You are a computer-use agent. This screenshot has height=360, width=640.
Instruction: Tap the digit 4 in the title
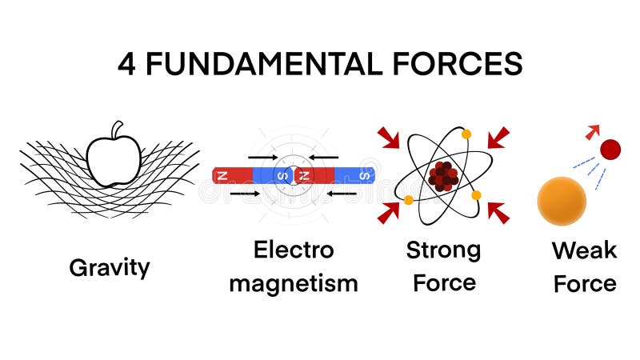pos(126,64)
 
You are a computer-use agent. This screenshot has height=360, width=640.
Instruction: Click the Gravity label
pos(110,267)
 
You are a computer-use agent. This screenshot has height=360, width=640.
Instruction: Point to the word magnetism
pos(294,283)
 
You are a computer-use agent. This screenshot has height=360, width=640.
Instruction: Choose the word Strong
pos(443,250)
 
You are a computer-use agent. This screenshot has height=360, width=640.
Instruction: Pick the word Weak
pos(584,250)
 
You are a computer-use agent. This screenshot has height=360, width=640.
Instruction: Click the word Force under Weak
pos(585,283)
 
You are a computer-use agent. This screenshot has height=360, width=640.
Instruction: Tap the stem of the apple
pos(118,130)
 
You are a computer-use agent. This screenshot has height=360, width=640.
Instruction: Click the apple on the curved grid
pos(113,160)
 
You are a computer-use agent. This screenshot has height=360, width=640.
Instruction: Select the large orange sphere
pos(562,201)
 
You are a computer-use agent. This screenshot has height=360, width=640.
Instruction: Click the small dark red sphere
pos(610,149)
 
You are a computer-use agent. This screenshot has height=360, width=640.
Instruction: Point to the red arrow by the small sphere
pos(593,131)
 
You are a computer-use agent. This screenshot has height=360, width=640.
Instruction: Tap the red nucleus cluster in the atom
pos(442,175)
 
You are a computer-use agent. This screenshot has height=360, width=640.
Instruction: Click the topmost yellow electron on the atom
pos(466,134)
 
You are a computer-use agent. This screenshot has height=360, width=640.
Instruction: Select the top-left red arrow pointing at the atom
pos(389,138)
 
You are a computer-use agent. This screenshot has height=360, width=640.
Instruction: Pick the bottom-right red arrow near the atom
pos(498,212)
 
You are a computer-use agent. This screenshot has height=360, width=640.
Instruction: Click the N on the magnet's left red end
pos(222,174)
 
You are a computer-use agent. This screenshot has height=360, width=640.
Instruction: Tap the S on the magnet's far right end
pos(365,174)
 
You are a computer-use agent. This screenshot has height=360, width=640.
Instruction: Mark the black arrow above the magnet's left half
pos(263,157)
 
